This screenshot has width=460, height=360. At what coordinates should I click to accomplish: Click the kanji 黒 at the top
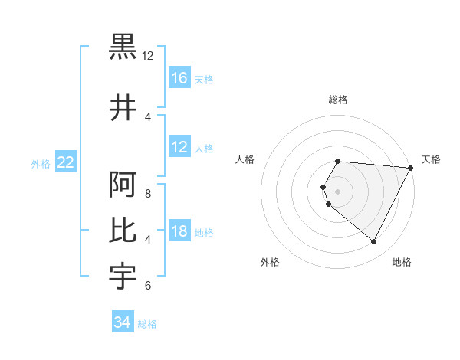tap(123, 47)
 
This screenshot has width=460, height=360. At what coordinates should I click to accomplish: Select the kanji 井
tap(123, 108)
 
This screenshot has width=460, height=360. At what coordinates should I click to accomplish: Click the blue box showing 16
tap(179, 78)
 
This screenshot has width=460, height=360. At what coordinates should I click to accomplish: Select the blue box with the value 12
tap(179, 147)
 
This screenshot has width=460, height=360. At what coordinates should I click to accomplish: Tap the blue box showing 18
tap(179, 231)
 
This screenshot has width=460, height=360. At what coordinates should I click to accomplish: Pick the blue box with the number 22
tap(66, 162)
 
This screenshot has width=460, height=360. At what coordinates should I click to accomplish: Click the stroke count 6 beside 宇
tap(148, 286)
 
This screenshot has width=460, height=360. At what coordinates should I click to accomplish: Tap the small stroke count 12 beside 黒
tap(148, 56)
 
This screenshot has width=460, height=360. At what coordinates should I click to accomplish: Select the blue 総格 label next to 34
tap(147, 324)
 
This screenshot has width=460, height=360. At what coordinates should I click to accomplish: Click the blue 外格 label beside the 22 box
tap(41, 163)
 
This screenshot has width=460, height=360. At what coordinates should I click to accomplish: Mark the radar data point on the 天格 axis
tap(410, 168)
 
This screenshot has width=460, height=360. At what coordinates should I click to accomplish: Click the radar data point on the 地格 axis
tap(374, 242)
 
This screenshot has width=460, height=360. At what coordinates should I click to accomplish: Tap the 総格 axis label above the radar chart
tap(338, 100)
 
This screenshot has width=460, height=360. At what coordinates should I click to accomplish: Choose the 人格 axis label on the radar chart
tap(245, 159)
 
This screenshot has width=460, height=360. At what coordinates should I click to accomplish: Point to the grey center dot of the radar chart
tap(338, 191)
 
